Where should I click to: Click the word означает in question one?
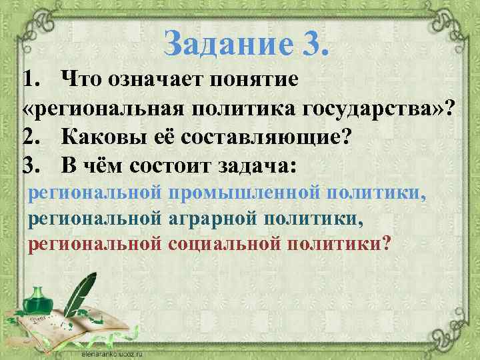coord(151,81)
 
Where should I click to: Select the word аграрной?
coord(217,218)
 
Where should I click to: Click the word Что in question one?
coord(81,81)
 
